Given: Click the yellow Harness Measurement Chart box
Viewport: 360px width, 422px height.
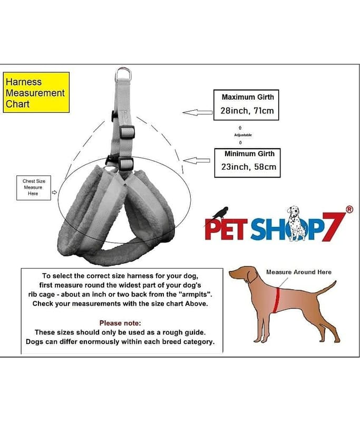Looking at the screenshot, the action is coord(36,92).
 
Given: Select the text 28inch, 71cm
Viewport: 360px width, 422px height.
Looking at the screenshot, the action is coord(247,111).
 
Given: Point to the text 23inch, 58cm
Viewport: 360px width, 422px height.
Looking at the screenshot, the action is coord(249,167).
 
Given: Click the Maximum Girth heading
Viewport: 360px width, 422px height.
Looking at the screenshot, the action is coord(248,97).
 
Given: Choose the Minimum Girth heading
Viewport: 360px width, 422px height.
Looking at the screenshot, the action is coord(249,154).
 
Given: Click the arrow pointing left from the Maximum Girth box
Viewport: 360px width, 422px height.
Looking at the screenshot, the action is coord(198,112).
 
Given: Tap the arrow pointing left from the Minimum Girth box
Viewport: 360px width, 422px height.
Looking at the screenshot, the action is coord(197,161).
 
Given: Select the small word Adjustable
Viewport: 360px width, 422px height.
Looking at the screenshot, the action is coord(243,135).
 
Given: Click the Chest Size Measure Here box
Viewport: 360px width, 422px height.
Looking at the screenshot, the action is coord(34,188).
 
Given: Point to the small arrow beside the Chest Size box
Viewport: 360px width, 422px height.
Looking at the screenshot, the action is coord(54,192).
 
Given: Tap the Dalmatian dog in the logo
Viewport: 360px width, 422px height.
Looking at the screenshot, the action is coord(297,223).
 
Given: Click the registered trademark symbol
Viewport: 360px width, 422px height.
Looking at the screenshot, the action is coord(349,209).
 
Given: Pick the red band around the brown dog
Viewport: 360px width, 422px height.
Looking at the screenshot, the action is coord(276,300).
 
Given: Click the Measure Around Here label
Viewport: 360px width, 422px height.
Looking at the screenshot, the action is coord(299,272).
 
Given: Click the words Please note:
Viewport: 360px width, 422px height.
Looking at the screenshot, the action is coord(120,323).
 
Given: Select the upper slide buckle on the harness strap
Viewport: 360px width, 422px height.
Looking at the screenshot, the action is coord(127,131).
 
